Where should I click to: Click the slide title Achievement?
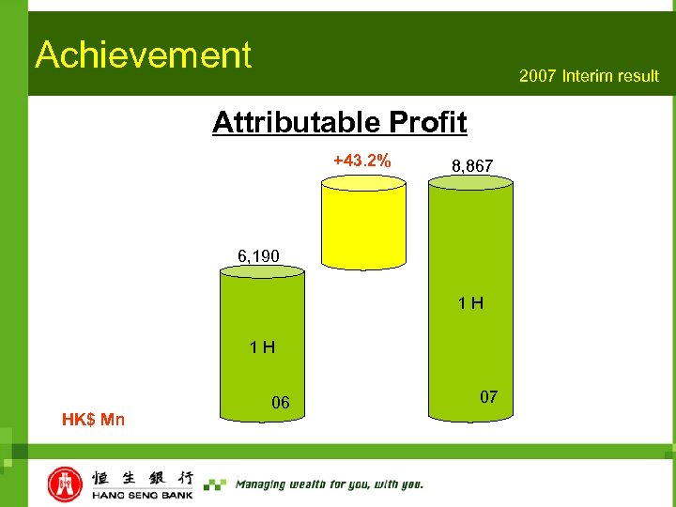(144, 55)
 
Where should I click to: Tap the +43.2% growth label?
(362, 161)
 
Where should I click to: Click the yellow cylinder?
(363, 225)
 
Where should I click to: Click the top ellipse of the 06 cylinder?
(262, 272)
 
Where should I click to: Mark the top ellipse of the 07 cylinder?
(471, 184)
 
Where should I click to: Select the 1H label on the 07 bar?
(470, 303)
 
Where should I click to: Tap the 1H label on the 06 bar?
(262, 347)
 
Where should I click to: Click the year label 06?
(280, 403)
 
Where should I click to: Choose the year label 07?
(488, 397)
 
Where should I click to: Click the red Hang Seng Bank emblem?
(65, 484)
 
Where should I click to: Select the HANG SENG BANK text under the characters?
(143, 495)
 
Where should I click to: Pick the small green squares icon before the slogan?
(215, 484)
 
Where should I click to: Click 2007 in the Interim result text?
(539, 76)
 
